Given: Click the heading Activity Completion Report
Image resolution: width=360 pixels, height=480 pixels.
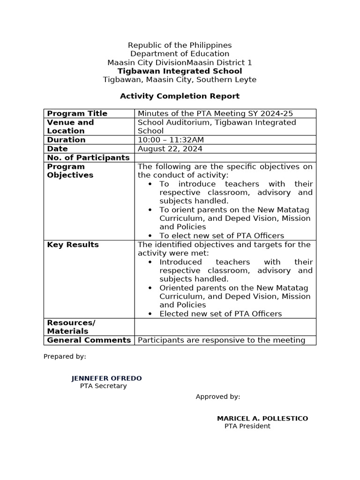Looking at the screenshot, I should click(x=180, y=96).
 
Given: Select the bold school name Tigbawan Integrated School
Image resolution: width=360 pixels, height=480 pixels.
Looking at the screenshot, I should click(x=180, y=71).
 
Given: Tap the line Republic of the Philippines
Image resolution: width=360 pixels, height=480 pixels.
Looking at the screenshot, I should click(x=180, y=45).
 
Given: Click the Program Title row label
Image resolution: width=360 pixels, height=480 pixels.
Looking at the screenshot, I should click(x=77, y=113).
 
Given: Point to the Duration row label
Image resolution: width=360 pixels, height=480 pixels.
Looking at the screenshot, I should click(x=67, y=140).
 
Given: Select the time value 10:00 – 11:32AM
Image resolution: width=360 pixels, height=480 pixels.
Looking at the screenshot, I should click(x=171, y=140).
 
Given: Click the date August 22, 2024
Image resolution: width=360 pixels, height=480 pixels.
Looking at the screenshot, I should click(x=170, y=149).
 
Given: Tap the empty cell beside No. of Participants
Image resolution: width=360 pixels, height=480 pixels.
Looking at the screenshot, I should click(x=225, y=157).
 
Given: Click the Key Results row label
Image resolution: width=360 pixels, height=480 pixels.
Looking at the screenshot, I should click(x=73, y=245).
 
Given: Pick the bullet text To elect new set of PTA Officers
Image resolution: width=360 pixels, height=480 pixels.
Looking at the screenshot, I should click(x=222, y=236).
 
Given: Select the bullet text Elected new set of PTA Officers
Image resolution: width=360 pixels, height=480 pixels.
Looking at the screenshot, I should click(x=221, y=314).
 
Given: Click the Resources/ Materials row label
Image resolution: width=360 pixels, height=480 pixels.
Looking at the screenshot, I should click(x=71, y=327).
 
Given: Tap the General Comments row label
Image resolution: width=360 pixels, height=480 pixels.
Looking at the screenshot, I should click(x=89, y=340).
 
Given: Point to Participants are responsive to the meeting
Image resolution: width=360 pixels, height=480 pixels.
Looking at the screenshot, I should click(x=222, y=340).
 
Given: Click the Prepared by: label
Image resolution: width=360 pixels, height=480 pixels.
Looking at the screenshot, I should click(x=65, y=356).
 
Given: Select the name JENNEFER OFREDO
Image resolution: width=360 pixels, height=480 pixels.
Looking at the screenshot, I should click(x=106, y=378).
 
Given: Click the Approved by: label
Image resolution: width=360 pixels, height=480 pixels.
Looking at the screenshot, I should click(x=218, y=397).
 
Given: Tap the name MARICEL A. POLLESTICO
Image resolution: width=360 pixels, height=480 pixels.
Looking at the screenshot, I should click(x=262, y=418).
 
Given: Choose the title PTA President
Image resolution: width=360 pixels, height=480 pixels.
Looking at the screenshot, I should click(x=247, y=426).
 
